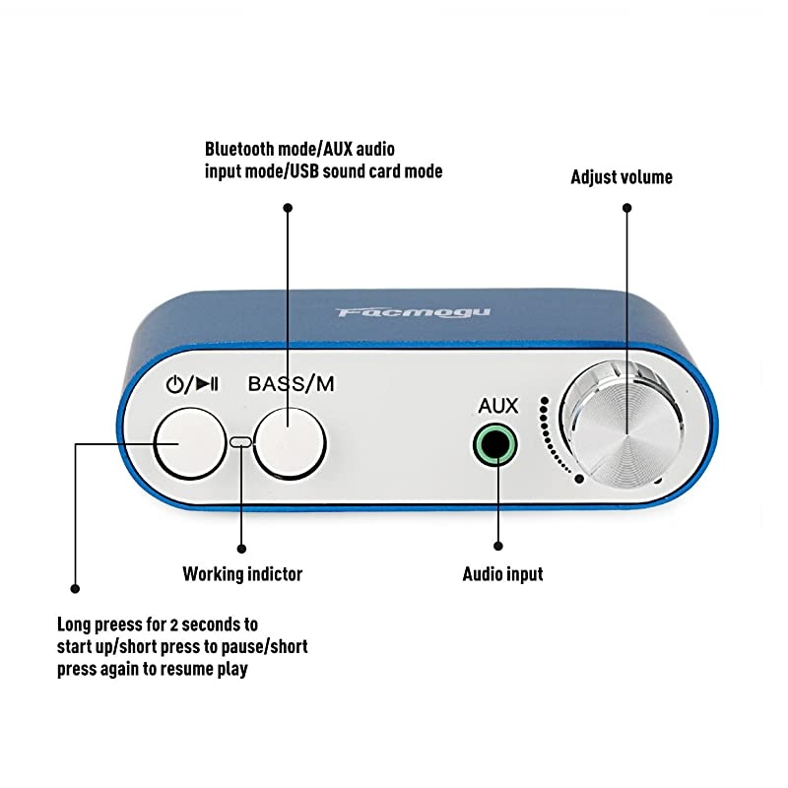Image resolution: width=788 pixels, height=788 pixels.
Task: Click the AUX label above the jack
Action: [497, 406]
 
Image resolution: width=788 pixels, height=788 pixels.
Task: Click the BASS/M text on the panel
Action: [291, 384]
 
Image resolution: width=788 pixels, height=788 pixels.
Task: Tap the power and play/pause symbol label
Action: [192, 384]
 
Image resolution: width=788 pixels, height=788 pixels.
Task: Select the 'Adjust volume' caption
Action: [622, 177]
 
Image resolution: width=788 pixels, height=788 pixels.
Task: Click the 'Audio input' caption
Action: [502, 573]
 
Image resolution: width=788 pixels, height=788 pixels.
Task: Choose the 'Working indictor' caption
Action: [242, 573]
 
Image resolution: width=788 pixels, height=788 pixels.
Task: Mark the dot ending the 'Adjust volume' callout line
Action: [626, 208]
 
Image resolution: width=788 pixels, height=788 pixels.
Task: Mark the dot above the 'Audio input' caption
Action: [498, 546]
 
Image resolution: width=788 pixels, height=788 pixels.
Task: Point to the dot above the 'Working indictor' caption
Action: [242, 547]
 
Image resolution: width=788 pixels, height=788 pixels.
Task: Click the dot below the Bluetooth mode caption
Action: [288, 208]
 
